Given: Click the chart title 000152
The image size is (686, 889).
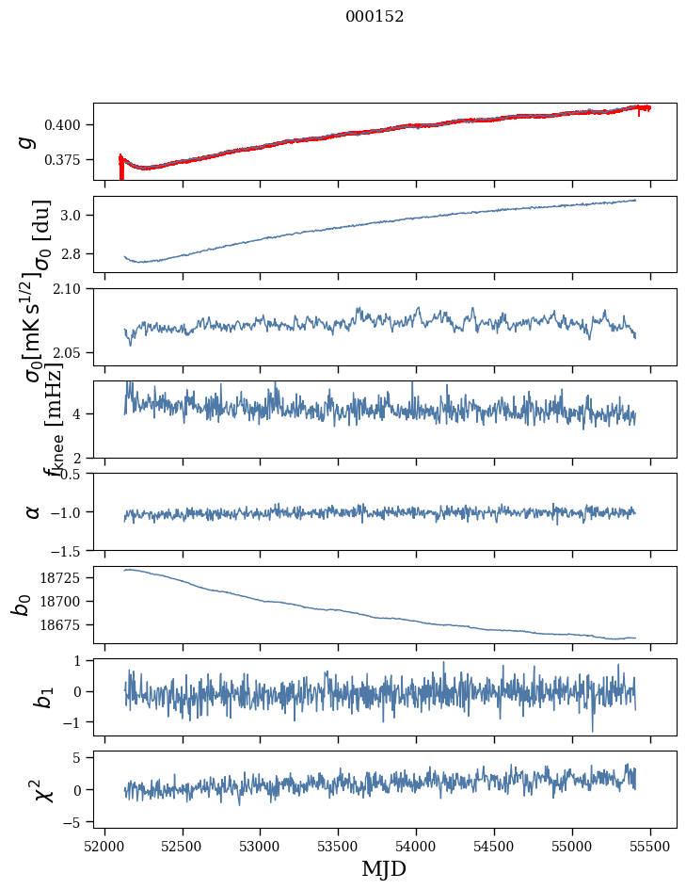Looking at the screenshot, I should [x=375, y=17].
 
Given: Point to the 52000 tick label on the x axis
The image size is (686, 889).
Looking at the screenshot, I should [x=104, y=846].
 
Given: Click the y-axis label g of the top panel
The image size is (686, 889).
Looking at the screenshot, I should [x=28, y=141].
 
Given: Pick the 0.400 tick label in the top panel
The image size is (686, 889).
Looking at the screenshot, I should [x=68, y=125].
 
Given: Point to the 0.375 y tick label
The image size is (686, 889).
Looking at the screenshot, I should [x=68, y=160].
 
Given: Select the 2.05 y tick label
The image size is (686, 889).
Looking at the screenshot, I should [x=72, y=353].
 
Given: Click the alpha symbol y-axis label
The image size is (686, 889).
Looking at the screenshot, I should [x=33, y=511].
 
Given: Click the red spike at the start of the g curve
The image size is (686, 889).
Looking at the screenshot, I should [x=120, y=169].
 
